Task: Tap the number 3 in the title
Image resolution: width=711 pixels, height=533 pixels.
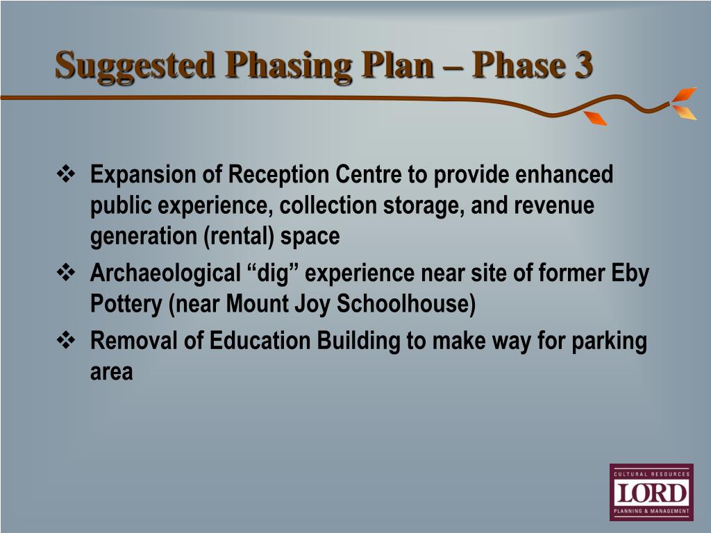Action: (x=583, y=65)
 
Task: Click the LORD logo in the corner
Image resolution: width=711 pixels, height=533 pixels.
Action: (x=651, y=492)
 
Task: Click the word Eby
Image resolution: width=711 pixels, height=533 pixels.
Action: (x=630, y=273)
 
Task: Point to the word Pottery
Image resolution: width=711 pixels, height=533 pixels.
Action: (x=126, y=305)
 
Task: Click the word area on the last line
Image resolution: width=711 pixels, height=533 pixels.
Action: (x=111, y=372)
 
